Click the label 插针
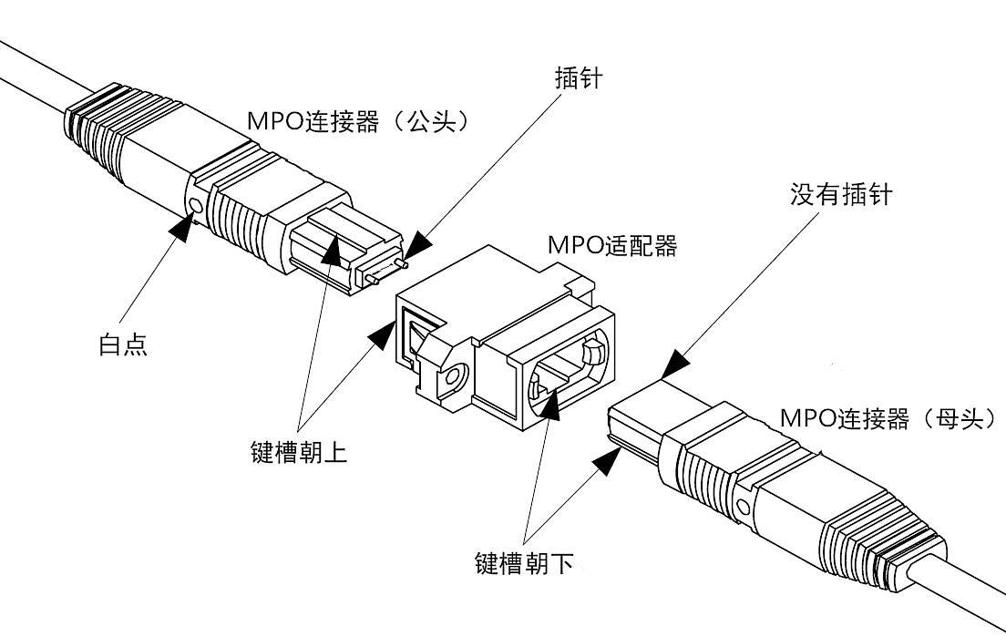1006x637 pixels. [x=579, y=78]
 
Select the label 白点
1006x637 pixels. [x=122, y=344]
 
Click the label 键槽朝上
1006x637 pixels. [x=297, y=453]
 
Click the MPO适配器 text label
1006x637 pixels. [x=611, y=245]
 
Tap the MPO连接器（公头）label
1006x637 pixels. [x=361, y=121]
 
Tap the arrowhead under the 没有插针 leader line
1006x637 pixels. [x=675, y=365]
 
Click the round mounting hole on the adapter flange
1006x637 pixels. [x=453, y=375]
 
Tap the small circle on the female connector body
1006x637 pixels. [x=744, y=506]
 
